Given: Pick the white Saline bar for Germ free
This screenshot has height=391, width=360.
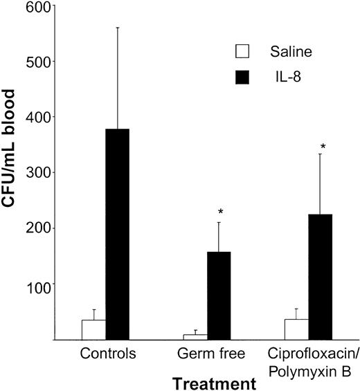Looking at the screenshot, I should (195, 337).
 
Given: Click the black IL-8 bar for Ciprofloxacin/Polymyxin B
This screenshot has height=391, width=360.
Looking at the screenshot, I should (320, 277).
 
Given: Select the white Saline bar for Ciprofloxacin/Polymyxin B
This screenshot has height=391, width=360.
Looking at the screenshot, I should (296, 329).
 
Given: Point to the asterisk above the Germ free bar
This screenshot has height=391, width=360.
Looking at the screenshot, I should (220, 212).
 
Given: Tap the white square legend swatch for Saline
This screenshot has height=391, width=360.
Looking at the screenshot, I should (242, 52).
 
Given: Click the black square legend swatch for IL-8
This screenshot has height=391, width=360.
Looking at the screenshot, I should (242, 77).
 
